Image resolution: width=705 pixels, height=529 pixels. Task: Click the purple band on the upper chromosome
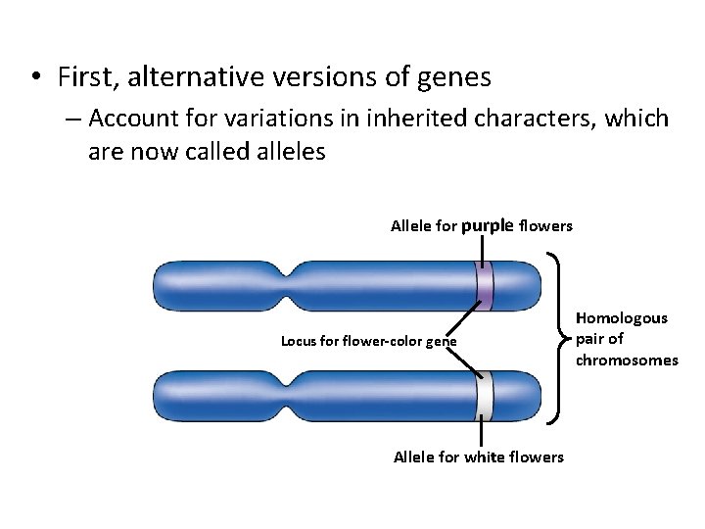pos(484,286)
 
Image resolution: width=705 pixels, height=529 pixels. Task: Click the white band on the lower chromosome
pos(484,396)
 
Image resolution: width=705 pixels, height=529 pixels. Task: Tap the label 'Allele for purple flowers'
pos(481,226)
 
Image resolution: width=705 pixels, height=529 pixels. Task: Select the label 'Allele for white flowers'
pos(478,457)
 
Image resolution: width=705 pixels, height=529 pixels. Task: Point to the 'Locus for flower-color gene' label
pos(368,342)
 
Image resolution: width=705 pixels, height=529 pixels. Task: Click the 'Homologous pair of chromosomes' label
pos(626,339)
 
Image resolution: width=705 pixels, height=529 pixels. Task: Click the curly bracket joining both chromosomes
pos(558,339)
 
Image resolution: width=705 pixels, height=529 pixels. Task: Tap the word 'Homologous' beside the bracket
pos(621,318)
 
